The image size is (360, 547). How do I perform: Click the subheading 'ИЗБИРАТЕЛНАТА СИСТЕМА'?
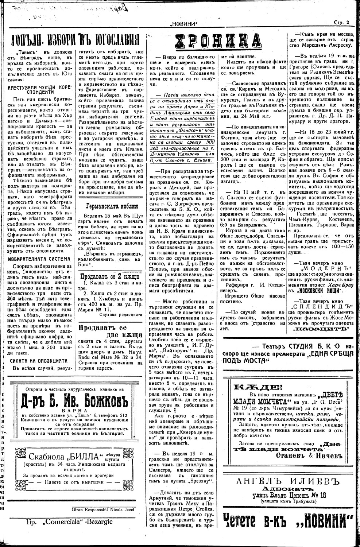[39, 259]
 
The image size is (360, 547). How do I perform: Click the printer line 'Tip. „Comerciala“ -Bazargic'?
[69, 521]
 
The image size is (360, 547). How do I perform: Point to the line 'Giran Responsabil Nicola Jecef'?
[108, 509]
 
